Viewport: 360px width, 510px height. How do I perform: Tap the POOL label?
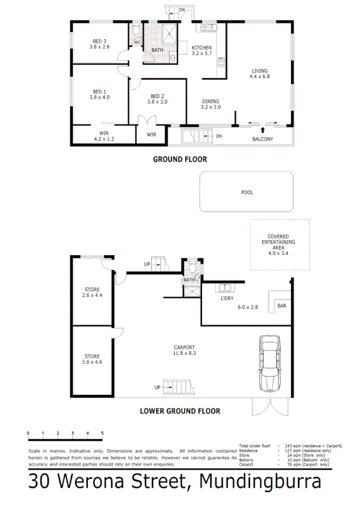247,193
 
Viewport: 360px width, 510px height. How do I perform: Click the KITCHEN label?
201,48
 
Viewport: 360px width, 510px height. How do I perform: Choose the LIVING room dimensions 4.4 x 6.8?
260,77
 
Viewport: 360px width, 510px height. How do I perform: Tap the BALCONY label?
262,140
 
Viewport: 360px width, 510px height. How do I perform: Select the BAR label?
282,306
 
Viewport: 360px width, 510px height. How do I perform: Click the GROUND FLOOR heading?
180,159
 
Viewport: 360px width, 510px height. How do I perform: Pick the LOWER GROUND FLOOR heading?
180,411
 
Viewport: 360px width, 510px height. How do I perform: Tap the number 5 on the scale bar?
102,433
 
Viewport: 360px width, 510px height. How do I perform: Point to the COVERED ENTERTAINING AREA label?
278,242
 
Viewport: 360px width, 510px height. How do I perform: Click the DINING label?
210,101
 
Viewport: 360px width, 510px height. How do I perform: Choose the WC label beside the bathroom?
136,42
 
